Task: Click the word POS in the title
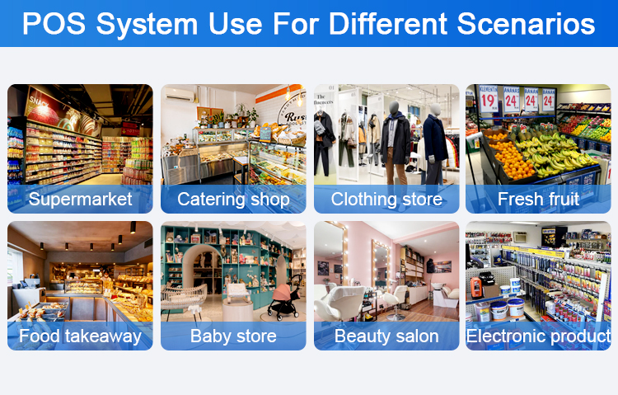[x=54, y=24]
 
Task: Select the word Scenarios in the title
[x=526, y=24]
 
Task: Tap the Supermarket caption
[x=80, y=199]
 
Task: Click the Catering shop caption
[x=233, y=199]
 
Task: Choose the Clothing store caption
[x=386, y=199]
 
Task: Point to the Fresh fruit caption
[x=538, y=199]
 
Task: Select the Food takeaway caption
[x=80, y=336]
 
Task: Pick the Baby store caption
[x=233, y=336]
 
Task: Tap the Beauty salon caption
[x=386, y=336]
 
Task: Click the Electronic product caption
[x=538, y=336]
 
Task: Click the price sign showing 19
[x=488, y=99]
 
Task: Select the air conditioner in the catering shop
[x=180, y=95]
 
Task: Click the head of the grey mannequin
[x=395, y=107]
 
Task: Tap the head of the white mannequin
[x=435, y=109]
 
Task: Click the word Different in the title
[x=388, y=24]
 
